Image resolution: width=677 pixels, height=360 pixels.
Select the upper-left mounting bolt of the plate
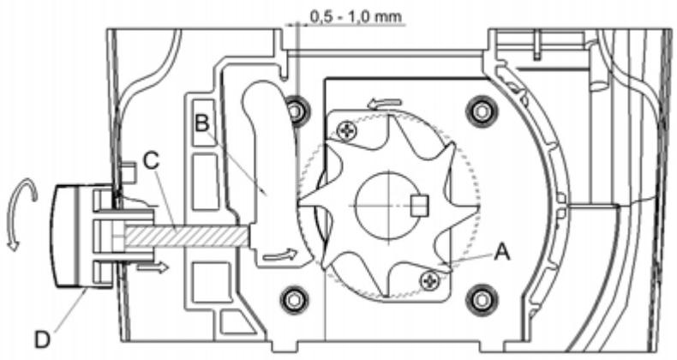point(297,110)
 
